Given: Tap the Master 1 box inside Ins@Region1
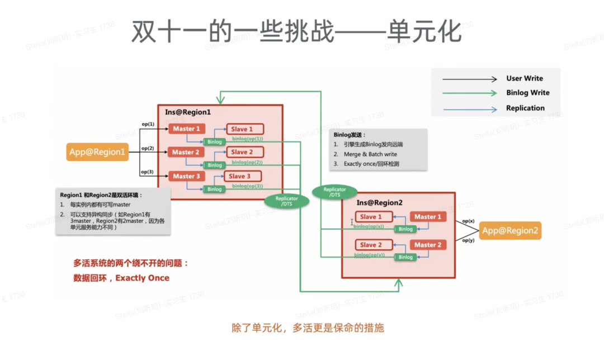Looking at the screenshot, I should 186,129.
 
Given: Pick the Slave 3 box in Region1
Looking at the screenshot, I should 244,177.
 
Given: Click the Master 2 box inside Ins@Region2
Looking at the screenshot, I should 428,245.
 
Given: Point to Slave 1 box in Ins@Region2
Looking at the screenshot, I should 371,217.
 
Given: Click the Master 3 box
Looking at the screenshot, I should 186,176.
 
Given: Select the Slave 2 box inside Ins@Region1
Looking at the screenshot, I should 244,152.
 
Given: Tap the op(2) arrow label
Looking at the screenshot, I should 148,149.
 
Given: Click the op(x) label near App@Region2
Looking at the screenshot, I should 469,221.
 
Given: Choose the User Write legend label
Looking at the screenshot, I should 525,79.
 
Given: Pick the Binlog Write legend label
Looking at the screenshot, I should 528,93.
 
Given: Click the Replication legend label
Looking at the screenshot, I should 525,108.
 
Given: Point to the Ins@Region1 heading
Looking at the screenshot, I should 187,112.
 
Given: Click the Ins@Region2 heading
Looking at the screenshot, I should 380,202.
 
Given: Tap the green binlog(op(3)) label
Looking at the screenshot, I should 247,186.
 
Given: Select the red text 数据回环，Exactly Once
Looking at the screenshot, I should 121,278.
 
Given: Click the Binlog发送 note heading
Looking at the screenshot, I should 350,135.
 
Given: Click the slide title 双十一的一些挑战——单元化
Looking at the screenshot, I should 296,32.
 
